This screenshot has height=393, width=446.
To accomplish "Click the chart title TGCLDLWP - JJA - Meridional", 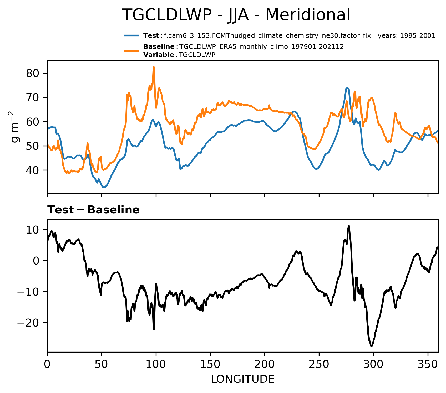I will [x=236, y=15].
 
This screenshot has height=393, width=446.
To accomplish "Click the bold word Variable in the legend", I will [x=159, y=55].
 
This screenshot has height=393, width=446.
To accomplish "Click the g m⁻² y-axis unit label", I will [x=14, y=127].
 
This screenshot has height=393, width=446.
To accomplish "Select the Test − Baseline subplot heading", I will [x=93, y=210].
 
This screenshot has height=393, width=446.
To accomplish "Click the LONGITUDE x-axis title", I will [x=242, y=379].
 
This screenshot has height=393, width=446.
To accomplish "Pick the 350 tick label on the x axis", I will [x=428, y=364].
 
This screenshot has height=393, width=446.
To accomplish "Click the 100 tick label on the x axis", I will [x=156, y=364].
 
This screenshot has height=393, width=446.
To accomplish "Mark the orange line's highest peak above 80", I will [x=154, y=67].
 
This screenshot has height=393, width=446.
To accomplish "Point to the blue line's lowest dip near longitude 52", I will [x=104, y=187].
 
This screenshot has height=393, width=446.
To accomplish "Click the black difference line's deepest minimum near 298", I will [x=371, y=346].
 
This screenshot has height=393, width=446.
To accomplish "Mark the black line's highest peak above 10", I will [x=349, y=226].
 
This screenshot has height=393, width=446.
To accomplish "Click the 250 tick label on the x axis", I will [x=319, y=364].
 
